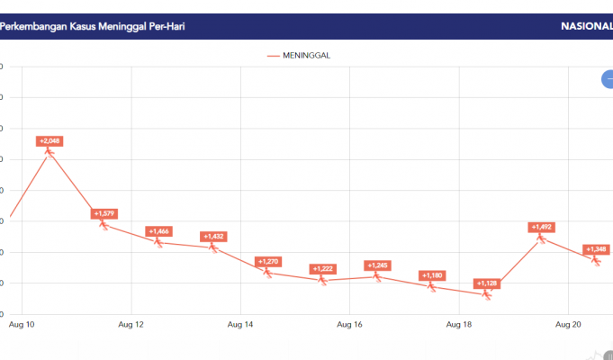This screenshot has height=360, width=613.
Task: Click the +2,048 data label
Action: [x=50, y=141]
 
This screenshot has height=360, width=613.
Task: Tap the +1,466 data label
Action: [x=159, y=231]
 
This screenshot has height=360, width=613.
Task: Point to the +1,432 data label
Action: [x=213, y=237]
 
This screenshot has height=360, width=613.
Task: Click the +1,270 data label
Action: [x=268, y=262]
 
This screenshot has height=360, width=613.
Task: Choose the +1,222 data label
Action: [x=323, y=269]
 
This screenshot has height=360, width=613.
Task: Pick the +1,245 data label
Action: [x=378, y=265]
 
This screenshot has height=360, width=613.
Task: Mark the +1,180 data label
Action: [x=432, y=275]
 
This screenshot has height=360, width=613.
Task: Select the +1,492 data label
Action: [x=542, y=227]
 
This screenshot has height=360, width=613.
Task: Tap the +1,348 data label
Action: [x=596, y=249]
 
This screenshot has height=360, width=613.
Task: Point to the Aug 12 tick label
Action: [x=131, y=323]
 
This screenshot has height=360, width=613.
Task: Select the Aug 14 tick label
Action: [x=240, y=323]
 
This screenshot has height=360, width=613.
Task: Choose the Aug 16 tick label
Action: [x=350, y=323]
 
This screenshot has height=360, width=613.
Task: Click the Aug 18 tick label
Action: [x=459, y=323]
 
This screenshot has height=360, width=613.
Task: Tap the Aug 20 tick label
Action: [x=569, y=323]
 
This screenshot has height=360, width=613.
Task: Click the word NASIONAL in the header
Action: [x=585, y=26]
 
